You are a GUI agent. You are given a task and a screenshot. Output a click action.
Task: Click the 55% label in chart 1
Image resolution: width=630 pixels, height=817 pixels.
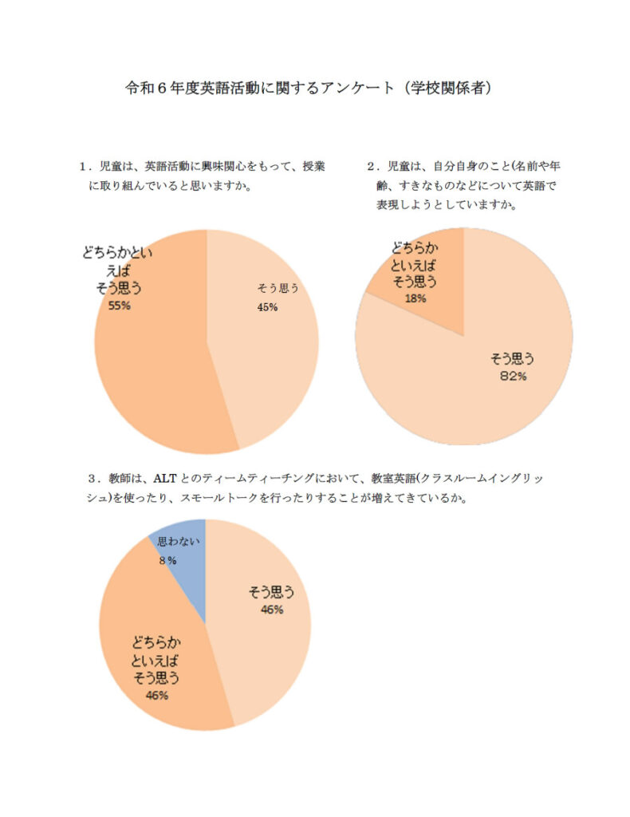pos(119,305)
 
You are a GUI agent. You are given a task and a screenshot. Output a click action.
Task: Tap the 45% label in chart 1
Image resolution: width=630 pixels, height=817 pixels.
pos(267,307)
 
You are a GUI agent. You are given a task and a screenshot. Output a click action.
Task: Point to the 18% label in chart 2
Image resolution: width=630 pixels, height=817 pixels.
pos(415,298)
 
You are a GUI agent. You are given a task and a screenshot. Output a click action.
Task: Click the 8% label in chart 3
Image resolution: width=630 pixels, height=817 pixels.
pos(167,561)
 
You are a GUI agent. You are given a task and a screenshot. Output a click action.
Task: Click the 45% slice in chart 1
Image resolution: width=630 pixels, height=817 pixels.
pos(263,359)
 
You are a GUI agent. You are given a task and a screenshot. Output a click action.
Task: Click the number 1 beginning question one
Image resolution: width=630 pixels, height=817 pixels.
pos(82,167)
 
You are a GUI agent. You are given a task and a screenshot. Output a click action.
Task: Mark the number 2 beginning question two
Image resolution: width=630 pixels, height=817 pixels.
pos(371,167)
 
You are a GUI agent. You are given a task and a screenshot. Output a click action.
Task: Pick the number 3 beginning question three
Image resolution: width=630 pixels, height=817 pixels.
pos(93,479)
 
